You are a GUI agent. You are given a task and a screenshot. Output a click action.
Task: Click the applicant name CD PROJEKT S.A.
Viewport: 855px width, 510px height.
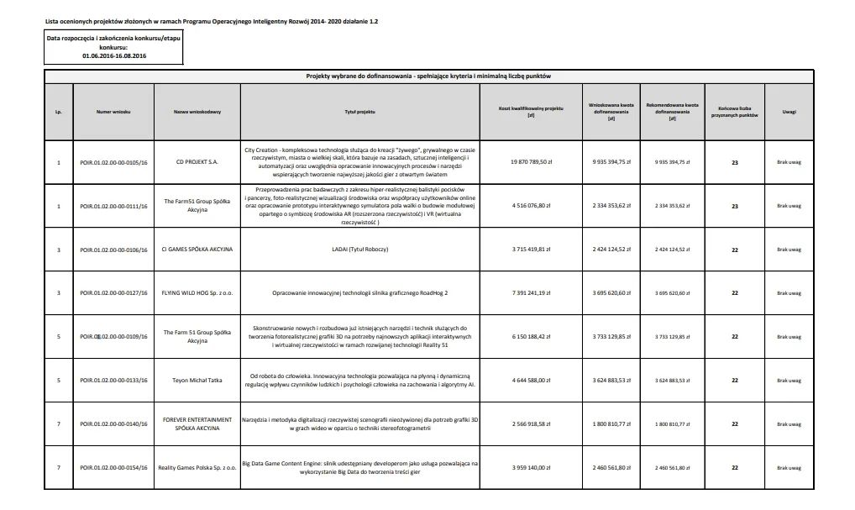coord(197,162)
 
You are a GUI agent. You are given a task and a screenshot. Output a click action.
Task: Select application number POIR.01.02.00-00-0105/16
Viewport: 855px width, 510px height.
coord(113,162)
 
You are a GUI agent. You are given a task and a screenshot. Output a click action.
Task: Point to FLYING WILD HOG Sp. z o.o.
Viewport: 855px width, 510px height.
coord(197,293)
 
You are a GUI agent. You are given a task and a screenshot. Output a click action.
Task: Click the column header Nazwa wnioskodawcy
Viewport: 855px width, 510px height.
coord(197,111)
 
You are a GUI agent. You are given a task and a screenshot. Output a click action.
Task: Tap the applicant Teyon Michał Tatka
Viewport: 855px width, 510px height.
coord(197,381)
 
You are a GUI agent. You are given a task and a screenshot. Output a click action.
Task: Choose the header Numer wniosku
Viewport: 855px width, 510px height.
coord(113,111)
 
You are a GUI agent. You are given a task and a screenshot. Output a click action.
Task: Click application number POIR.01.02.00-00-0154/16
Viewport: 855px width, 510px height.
coord(113,467)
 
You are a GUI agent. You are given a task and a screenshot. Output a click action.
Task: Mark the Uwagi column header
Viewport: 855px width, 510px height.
coord(789,111)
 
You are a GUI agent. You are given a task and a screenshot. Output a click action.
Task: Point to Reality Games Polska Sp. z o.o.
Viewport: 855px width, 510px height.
coord(197,467)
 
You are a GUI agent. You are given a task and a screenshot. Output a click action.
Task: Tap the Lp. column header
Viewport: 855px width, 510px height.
coord(59,111)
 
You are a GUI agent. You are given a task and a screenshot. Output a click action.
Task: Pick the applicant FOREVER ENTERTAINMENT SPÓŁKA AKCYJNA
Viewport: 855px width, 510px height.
coord(197,424)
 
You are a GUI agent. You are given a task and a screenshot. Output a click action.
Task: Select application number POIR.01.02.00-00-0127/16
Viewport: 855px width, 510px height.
coord(113,293)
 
